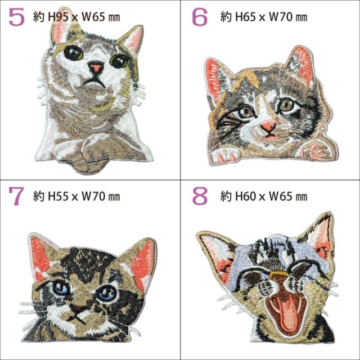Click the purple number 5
[16, 17]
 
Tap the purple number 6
[200, 17]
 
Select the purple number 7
[16, 196]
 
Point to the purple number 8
[200, 196]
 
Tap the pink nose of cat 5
[96, 68]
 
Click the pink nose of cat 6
[268, 125]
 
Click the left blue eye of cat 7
[60, 289]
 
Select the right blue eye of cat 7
[107, 294]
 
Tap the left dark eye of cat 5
[74, 53]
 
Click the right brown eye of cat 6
[286, 105]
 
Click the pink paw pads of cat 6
[315, 151]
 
